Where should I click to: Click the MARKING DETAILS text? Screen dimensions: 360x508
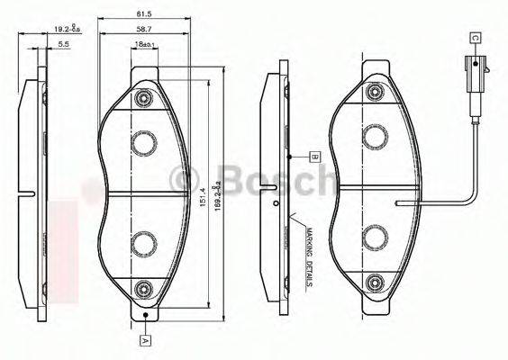(307, 256)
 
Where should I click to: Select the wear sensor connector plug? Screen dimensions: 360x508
(473, 67)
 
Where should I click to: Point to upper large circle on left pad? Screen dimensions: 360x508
(142, 142)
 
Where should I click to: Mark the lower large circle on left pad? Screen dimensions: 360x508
(142, 242)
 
